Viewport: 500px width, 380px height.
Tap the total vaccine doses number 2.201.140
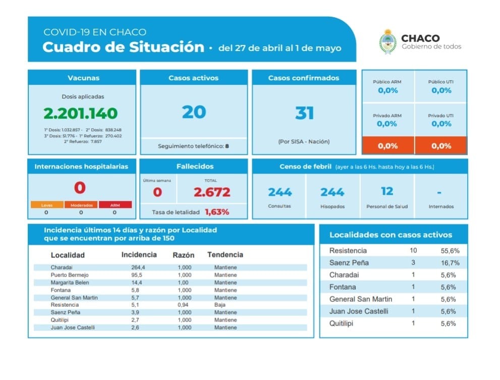[x=80, y=113]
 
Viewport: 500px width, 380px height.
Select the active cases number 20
[x=194, y=112]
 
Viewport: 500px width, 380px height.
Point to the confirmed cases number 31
[x=304, y=113]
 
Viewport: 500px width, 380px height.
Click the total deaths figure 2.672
[x=212, y=192]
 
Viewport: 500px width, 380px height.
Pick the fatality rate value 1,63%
[x=216, y=212]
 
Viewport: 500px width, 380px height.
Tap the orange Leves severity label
[x=46, y=204]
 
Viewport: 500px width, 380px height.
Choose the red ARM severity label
[x=115, y=204]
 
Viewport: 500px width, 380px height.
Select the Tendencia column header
[x=225, y=255]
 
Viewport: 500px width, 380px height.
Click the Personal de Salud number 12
[x=387, y=191]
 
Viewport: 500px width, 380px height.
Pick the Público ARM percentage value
[x=388, y=91]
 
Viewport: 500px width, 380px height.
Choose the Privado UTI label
[x=441, y=116]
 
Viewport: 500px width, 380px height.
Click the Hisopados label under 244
[x=332, y=206]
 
